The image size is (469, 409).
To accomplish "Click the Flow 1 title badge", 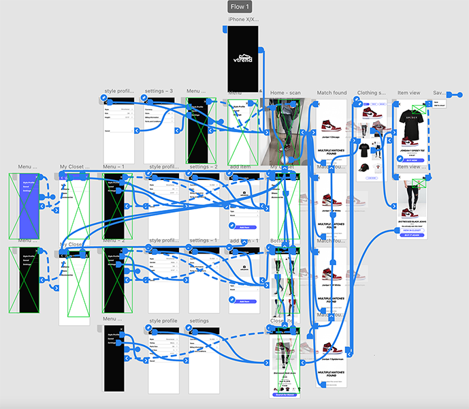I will tap(238, 7).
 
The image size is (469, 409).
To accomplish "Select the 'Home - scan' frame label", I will tap(285, 93).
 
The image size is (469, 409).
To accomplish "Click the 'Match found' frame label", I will tap(331, 93).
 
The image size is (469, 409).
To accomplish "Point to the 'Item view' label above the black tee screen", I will tap(408, 93).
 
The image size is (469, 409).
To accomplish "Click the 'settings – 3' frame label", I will tap(158, 91).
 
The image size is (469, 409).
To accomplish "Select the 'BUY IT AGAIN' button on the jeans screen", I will tap(411, 235).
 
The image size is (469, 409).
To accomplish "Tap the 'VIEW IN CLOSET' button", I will tap(411, 230).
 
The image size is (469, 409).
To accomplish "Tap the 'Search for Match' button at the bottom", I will tap(285, 395).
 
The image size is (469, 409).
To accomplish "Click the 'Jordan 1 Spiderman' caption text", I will tap(331, 357).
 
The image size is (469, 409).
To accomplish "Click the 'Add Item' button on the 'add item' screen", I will tap(244, 226).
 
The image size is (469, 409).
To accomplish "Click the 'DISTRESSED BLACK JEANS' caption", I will tap(411, 218).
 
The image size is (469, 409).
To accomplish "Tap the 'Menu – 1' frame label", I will tap(114, 166).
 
